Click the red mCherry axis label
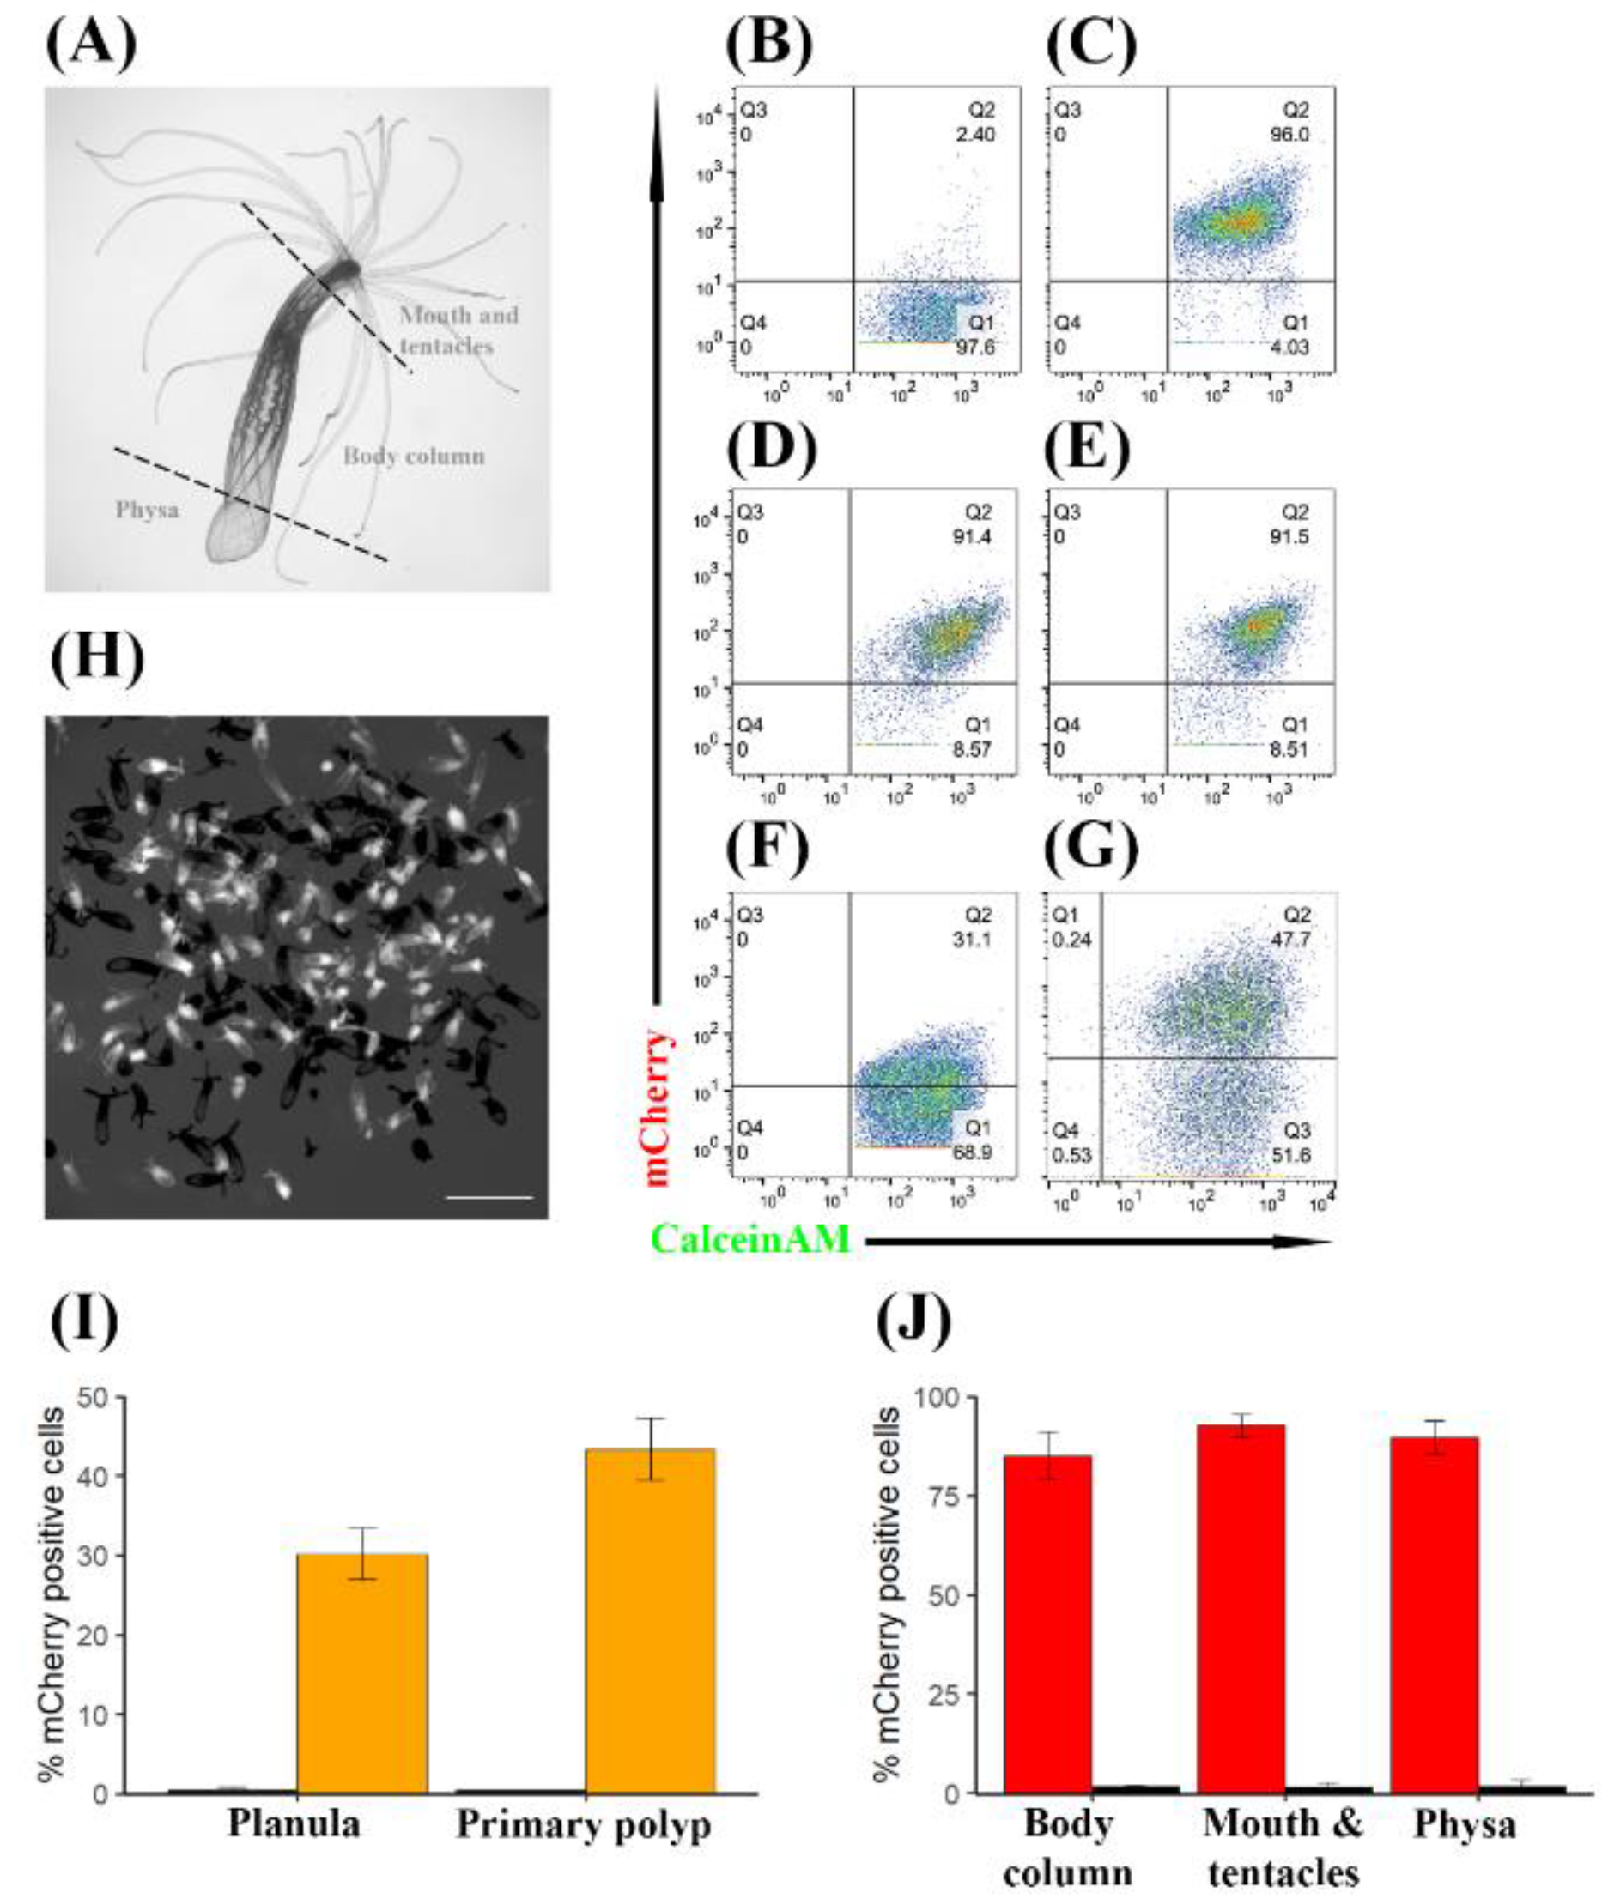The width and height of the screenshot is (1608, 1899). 658,1106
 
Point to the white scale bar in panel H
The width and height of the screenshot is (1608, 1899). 490,1196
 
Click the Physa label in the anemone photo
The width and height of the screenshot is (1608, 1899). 147,510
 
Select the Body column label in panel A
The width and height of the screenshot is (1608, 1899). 413,456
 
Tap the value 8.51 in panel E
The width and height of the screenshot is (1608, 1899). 1289,750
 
